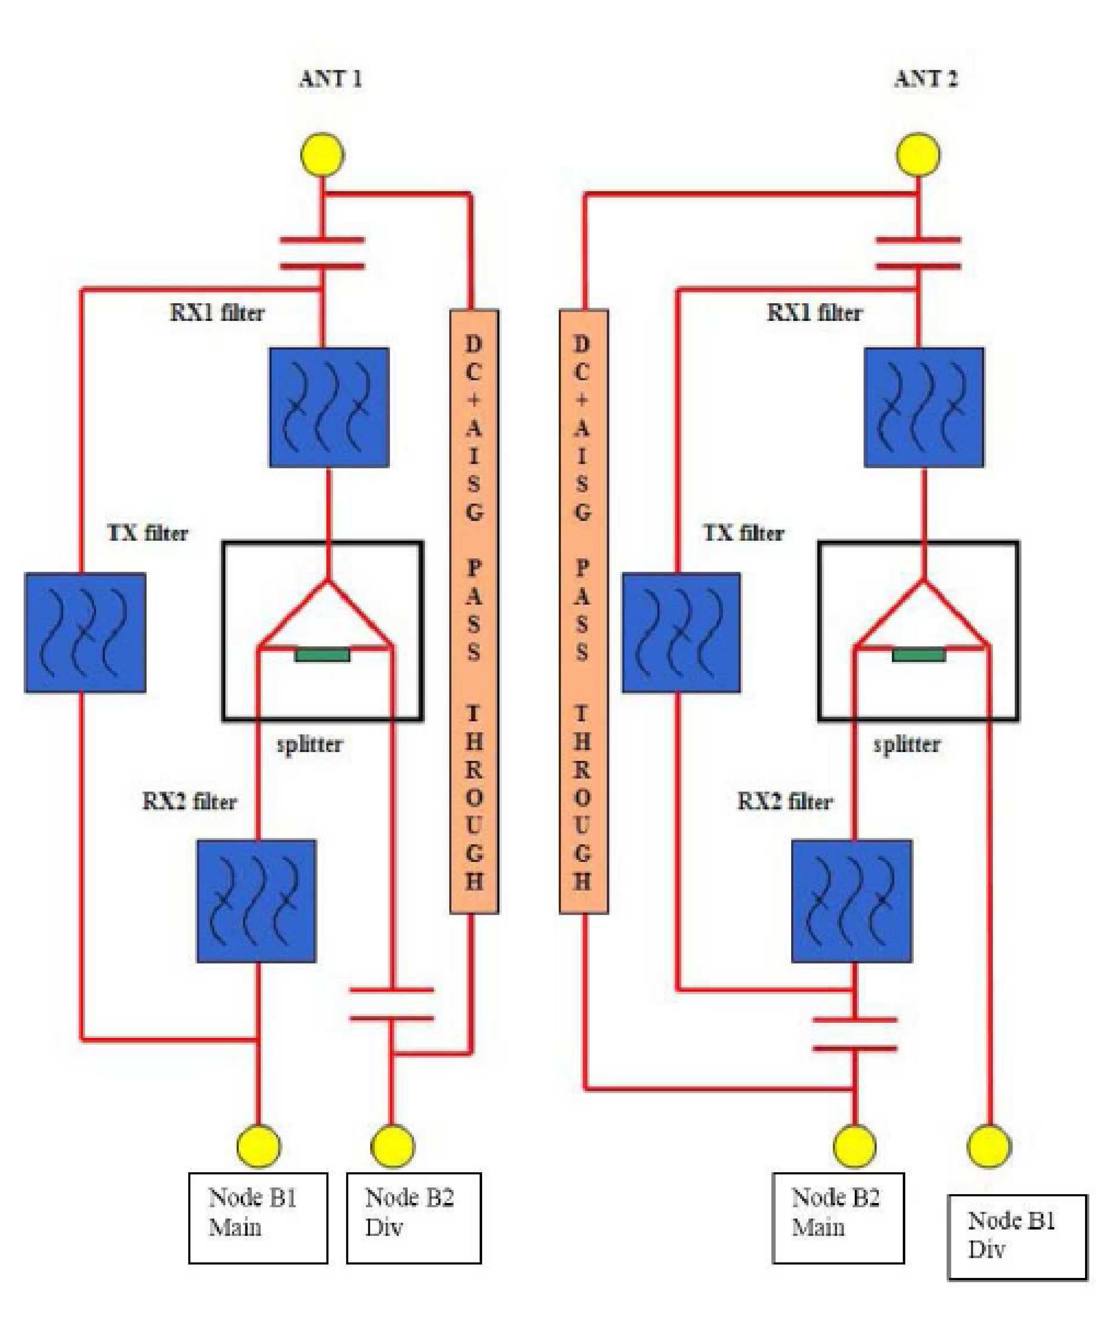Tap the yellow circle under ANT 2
click(918, 154)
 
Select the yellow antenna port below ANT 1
click(322, 154)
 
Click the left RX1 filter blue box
click(329, 407)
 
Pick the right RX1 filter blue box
click(923, 407)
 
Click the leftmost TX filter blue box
click(85, 633)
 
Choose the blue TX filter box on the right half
click(681, 633)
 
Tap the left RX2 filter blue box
click(256, 901)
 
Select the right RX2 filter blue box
click(852, 901)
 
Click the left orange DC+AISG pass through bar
click(474, 611)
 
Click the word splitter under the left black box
click(309, 744)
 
